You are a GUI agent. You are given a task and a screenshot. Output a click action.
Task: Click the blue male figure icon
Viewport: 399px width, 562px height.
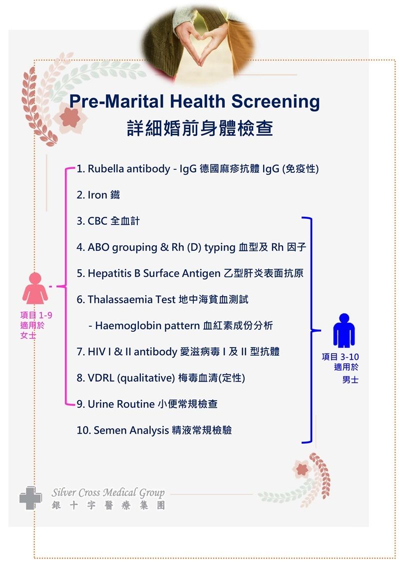coord(344,330)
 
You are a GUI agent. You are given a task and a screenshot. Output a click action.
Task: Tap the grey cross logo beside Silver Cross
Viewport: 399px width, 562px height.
coord(30,498)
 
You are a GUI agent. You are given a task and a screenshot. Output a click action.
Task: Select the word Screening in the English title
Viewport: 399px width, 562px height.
coord(275,102)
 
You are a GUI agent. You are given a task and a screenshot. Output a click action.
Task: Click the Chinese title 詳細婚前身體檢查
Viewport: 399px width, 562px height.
coord(200,128)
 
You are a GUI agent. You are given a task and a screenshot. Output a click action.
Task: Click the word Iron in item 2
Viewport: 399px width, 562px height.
coord(97,195)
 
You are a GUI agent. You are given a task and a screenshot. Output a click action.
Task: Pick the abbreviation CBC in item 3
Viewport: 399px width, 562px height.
coord(97,221)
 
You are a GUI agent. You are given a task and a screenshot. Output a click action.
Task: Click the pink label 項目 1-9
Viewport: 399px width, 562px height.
coord(36,315)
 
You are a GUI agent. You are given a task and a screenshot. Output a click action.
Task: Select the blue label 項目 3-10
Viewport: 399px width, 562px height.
coord(340,357)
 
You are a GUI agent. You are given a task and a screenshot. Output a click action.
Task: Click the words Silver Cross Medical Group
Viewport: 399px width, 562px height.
coord(108,493)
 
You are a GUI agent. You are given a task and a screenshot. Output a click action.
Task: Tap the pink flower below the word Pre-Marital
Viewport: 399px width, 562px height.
coord(70,118)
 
